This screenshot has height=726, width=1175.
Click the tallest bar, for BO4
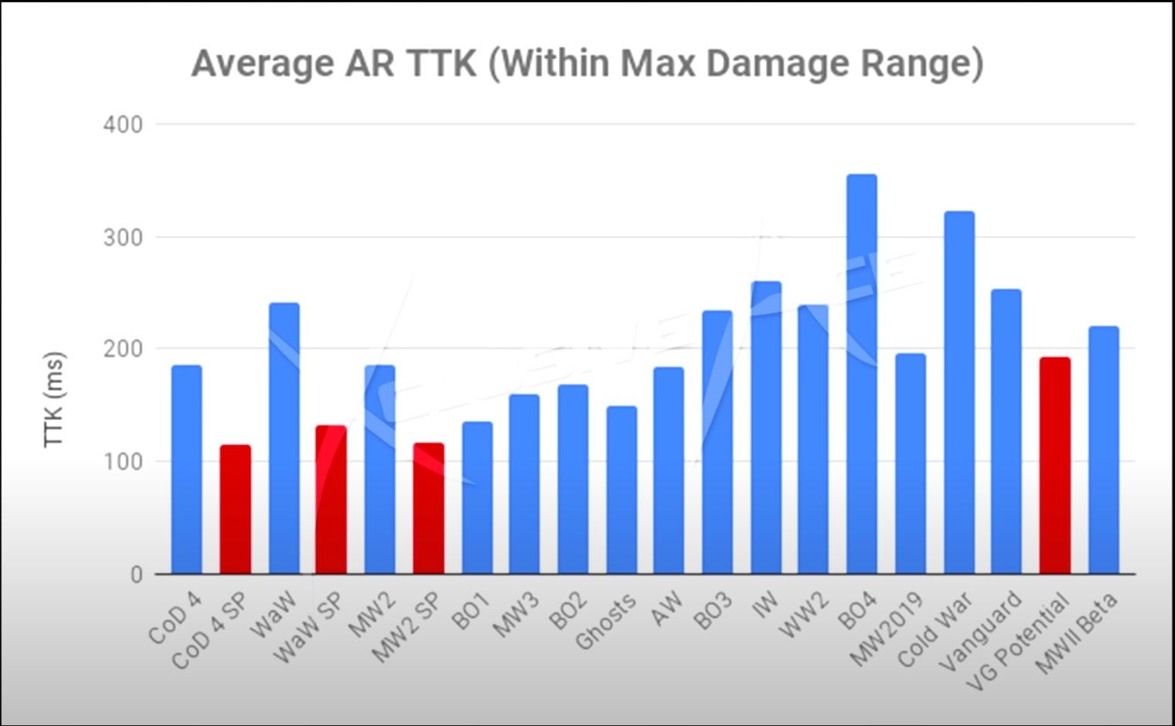861,375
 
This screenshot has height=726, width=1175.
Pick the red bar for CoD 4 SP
235,510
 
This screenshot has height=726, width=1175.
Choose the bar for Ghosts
622,490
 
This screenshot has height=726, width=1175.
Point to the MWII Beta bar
1103,450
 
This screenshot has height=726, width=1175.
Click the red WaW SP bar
331,500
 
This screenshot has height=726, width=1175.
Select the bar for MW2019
910,463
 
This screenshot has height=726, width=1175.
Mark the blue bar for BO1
477,498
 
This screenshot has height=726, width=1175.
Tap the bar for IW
765,428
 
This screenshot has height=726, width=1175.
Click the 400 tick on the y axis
123,124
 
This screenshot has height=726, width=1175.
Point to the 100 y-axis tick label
123,462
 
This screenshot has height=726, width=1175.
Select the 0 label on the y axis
136,575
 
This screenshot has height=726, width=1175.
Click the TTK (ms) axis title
53,399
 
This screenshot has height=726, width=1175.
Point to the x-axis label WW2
805,615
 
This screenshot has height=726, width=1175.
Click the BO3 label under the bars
712,612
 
